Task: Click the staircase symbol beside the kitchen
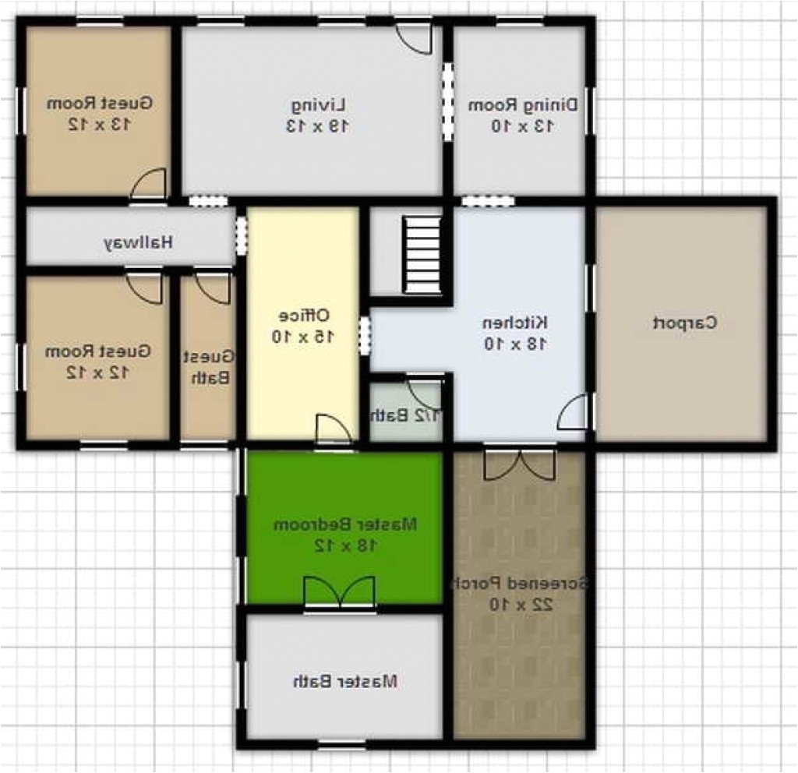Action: pos(422,255)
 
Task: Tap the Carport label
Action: pos(683,322)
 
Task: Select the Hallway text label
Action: pos(137,242)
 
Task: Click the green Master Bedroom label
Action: pos(345,524)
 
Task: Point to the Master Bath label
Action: pos(345,681)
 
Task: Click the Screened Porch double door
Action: pos(519,464)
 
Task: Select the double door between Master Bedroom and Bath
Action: pos(339,591)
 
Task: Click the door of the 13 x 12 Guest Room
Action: pos(148,185)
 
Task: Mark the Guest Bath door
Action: pos(213,287)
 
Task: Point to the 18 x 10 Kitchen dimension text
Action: pos(514,343)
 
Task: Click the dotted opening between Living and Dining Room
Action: pos(447,101)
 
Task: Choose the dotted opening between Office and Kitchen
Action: pos(364,335)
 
